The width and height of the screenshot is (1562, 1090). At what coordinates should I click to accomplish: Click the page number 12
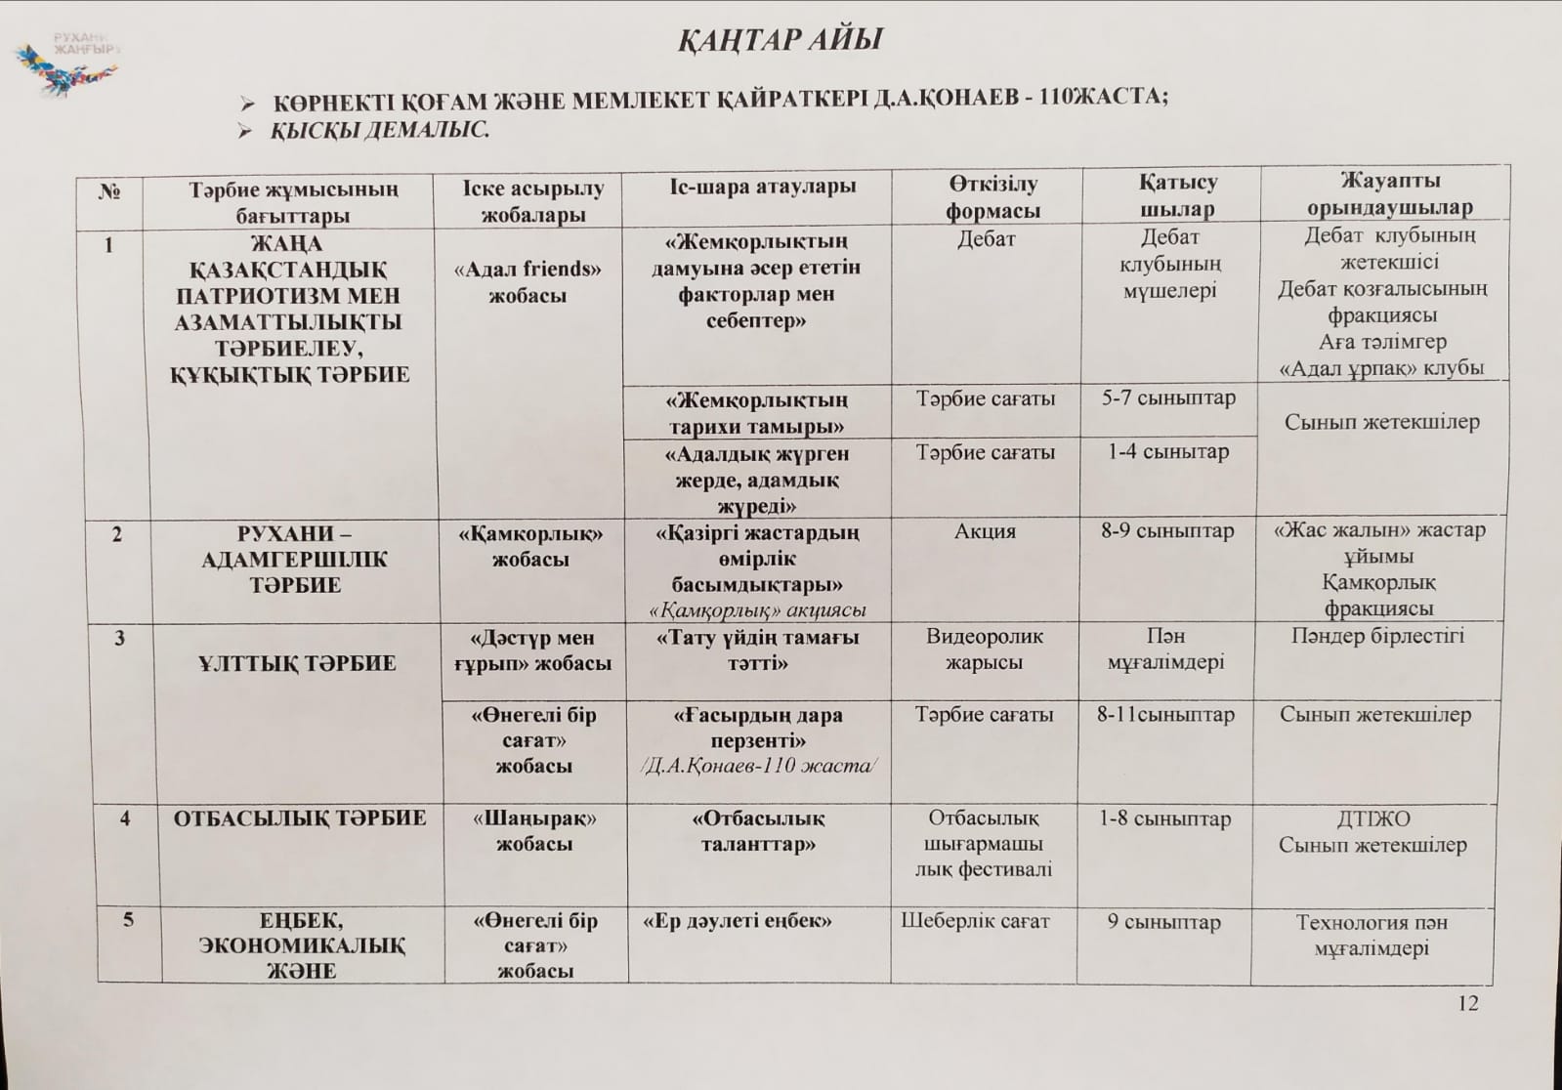pos(1467,1004)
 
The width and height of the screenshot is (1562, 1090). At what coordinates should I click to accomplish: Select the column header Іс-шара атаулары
pos(755,187)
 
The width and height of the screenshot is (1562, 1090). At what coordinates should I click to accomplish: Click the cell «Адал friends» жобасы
pos(528,282)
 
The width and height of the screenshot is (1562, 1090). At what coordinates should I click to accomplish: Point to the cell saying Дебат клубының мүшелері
pos(1169,264)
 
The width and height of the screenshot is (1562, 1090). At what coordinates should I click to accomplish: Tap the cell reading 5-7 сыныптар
pos(1168,398)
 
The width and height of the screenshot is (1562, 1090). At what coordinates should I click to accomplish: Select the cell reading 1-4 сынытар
pos(1168,452)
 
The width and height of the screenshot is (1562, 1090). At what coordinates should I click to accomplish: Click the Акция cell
pos(985,532)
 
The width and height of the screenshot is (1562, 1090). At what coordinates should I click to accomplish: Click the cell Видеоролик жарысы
pos(984,650)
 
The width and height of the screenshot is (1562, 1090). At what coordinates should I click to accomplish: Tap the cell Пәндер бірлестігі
pos(1377,637)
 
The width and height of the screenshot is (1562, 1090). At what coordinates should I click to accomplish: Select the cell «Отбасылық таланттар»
pos(758,831)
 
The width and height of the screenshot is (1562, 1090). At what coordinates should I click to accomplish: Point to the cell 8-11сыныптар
pos(1165,715)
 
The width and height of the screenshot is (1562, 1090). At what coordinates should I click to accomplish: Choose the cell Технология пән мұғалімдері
pos(1372,935)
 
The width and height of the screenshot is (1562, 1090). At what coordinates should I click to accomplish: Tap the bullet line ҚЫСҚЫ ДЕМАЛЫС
pos(379,130)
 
